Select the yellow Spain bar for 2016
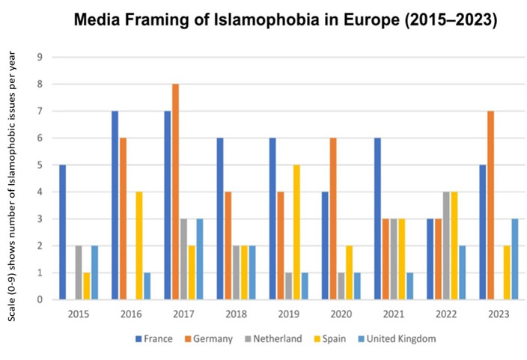pyautogui.click(x=139, y=245)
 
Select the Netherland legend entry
pyautogui.click(x=270, y=338)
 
